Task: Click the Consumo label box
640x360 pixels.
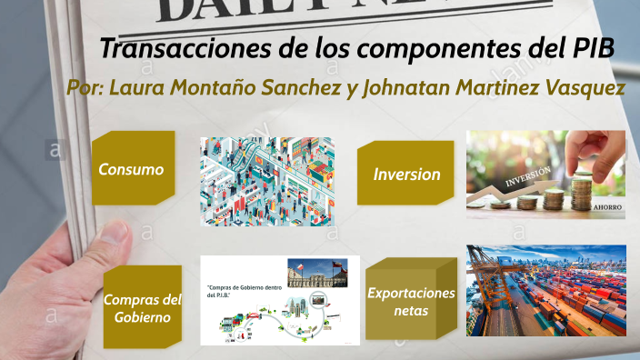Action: [132, 170]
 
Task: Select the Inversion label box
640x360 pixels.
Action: [405, 174]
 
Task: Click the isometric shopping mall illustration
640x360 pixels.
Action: [266, 181]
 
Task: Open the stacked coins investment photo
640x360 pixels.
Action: [545, 174]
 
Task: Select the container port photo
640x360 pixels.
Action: [545, 290]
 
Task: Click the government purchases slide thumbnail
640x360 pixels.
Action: [279, 299]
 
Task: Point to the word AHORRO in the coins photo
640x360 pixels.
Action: [606, 207]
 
